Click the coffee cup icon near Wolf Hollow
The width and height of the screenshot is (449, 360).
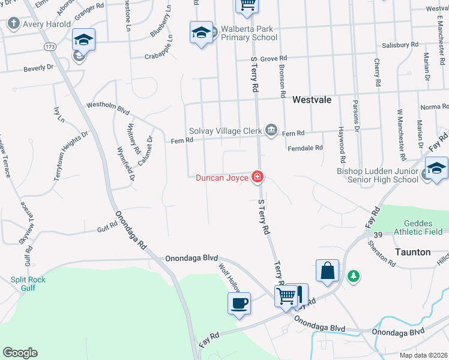coord(239,303)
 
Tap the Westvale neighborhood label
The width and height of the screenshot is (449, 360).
coord(312,101)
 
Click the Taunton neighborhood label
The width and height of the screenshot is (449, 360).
coord(413,252)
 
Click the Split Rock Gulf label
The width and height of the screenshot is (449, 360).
coord(28,284)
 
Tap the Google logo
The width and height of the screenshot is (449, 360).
coord(20,353)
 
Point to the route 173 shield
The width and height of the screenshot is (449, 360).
coord(50,46)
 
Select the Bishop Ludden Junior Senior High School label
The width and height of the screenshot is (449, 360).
coord(378,175)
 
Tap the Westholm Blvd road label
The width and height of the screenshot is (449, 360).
coord(108,107)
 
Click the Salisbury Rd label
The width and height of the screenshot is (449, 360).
coord(400,45)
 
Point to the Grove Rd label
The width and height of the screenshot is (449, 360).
coord(274,59)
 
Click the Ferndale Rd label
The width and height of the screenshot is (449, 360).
coord(305,148)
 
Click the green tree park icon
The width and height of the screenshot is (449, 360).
coord(354,275)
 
